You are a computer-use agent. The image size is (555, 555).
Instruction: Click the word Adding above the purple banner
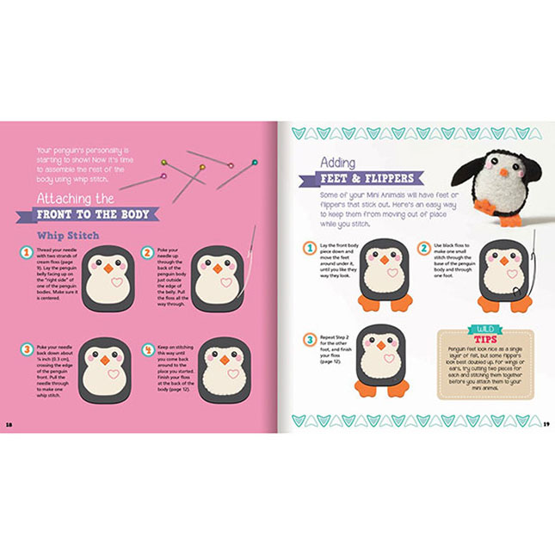point(338,161)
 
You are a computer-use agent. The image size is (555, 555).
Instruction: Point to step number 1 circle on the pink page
point(27,253)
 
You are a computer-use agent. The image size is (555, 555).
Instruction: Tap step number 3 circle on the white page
point(308,340)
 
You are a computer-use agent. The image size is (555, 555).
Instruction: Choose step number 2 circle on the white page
point(422,248)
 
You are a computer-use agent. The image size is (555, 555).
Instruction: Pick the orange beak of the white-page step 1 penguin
point(380,259)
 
